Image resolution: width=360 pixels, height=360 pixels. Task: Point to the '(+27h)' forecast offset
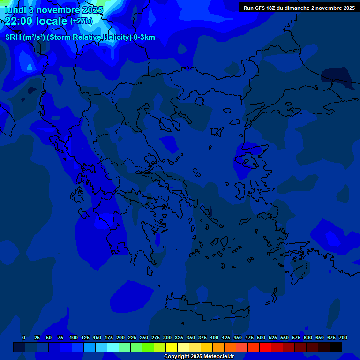point(81,21)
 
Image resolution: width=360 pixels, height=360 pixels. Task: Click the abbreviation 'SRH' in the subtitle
point(13,37)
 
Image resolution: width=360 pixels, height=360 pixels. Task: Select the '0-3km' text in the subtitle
point(144,37)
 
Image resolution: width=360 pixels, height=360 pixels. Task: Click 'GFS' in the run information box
point(259,8)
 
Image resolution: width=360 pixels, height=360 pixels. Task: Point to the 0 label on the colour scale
point(24,337)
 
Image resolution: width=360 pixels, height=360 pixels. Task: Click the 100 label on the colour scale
point(74,337)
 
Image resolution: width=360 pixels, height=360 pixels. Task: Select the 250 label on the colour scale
point(144,337)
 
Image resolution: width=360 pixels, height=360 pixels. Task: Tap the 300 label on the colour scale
point(167,337)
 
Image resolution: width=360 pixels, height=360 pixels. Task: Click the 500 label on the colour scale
point(261,337)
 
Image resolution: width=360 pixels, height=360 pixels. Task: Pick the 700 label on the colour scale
point(343,337)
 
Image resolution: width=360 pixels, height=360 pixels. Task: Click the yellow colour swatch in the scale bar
point(172,347)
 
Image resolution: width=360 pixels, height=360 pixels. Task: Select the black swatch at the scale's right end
point(336,347)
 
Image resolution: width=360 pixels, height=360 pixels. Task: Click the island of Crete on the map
point(206,307)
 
